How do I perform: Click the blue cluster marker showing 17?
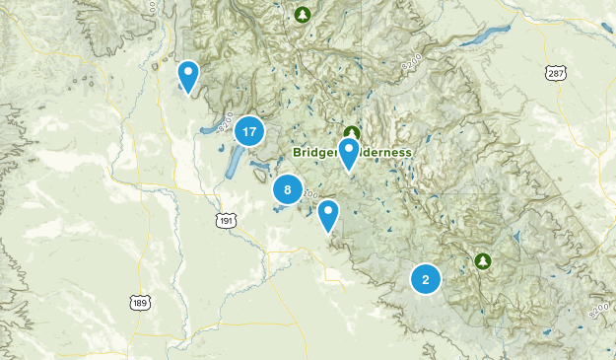(249, 131)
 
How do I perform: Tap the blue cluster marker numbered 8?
(287, 190)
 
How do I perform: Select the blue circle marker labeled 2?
(426, 280)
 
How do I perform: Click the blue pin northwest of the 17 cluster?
(188, 75)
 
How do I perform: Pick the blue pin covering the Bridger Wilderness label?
(348, 153)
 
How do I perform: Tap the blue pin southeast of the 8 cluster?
(328, 213)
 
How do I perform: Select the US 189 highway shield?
(139, 301)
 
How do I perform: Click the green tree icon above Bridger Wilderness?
(351, 133)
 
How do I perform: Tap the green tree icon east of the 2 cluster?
(483, 260)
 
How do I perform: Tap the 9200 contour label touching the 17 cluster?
(224, 126)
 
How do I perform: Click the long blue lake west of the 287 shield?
(479, 38)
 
